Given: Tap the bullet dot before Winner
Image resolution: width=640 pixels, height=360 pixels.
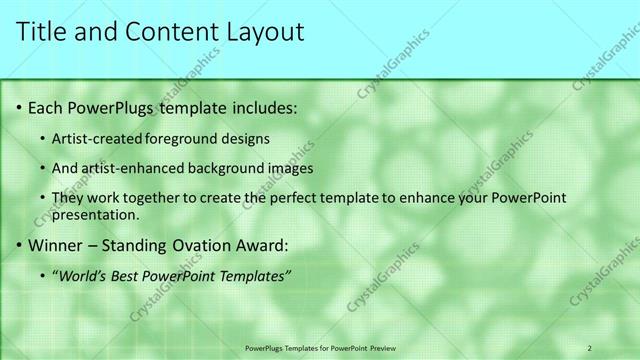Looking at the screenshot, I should (x=19, y=244).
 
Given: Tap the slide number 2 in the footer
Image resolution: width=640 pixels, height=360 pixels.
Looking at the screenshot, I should (x=589, y=347).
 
